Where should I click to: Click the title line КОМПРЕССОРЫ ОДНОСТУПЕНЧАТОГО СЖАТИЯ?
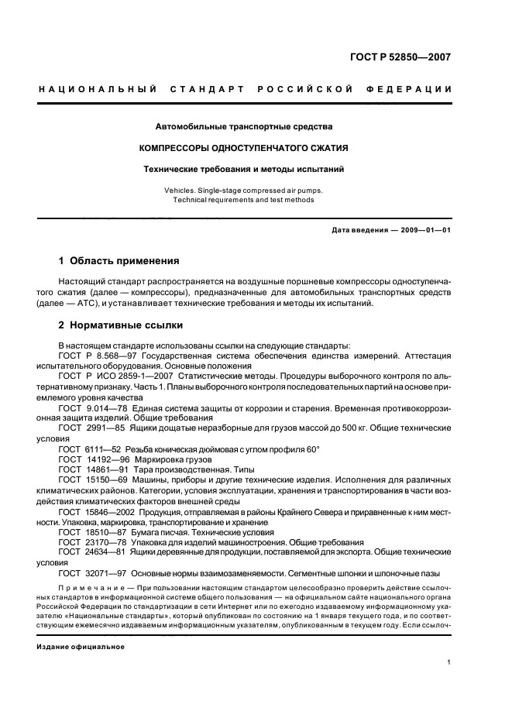242,147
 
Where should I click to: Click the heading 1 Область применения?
119,261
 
